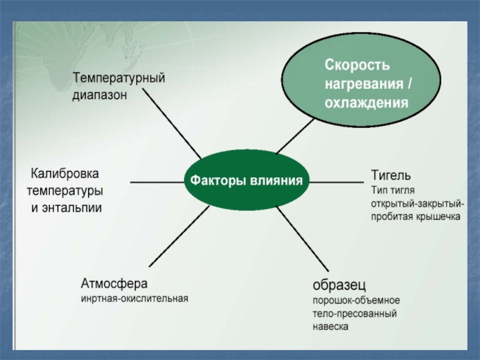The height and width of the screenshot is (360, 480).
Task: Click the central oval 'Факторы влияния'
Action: (x=245, y=180)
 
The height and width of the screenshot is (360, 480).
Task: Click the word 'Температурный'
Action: (x=119, y=78)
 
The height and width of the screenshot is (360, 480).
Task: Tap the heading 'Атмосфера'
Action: (x=114, y=283)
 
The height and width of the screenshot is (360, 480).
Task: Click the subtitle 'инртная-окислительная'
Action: (x=134, y=298)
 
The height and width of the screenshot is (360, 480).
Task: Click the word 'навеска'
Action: (x=330, y=327)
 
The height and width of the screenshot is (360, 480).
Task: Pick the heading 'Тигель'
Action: (x=391, y=175)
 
